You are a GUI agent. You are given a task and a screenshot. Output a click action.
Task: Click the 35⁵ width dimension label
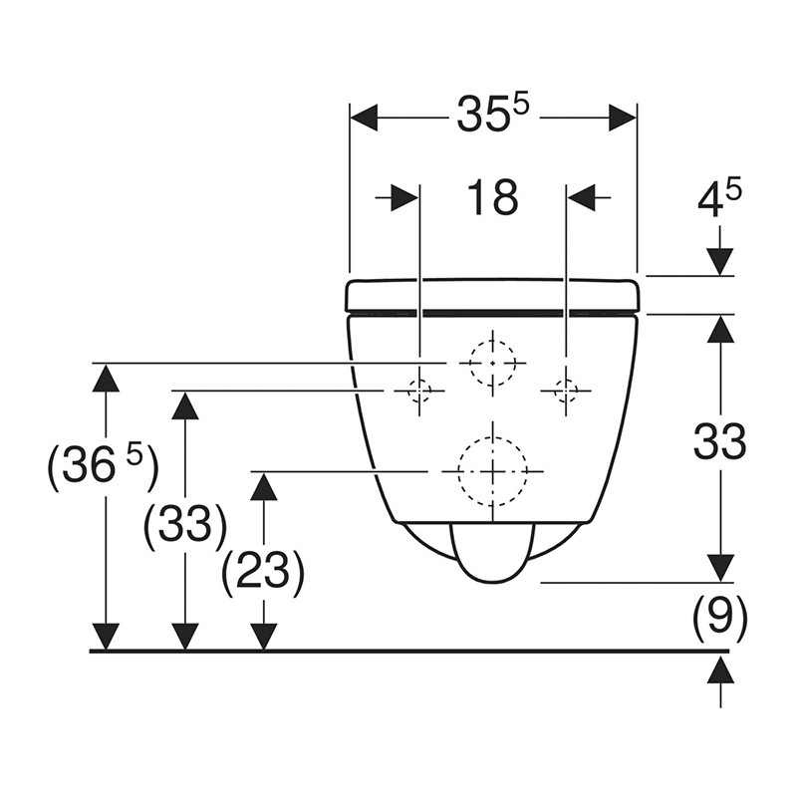coord(491,116)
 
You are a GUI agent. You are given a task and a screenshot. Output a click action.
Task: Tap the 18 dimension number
coord(492,198)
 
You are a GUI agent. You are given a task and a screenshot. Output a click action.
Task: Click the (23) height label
coord(263,572)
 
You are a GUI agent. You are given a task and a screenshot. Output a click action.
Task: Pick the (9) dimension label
coord(720,619)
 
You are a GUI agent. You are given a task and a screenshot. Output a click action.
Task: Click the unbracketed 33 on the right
coord(719,441)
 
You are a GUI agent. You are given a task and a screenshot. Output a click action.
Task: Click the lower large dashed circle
coord(492,470)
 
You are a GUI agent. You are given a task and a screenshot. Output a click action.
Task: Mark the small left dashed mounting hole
coord(419,391)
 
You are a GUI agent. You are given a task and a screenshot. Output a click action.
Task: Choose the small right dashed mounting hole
coord(566,391)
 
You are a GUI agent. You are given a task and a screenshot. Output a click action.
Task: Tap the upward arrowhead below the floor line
coord(719,669)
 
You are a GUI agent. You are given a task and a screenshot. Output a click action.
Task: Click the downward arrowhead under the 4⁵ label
coord(719,261)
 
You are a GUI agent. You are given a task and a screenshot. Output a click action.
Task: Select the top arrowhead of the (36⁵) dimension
coord(105,378)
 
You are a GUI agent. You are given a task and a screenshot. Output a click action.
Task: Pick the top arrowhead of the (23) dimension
coord(263,485)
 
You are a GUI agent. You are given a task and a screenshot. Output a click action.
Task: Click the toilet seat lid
coord(492,295)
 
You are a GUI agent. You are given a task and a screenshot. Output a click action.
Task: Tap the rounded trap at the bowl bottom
coord(492,553)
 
